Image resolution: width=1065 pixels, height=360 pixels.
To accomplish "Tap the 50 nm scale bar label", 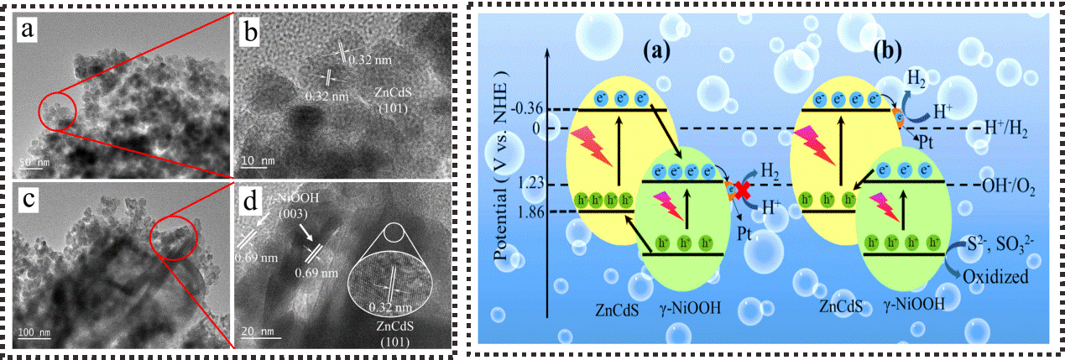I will (x=31, y=160).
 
